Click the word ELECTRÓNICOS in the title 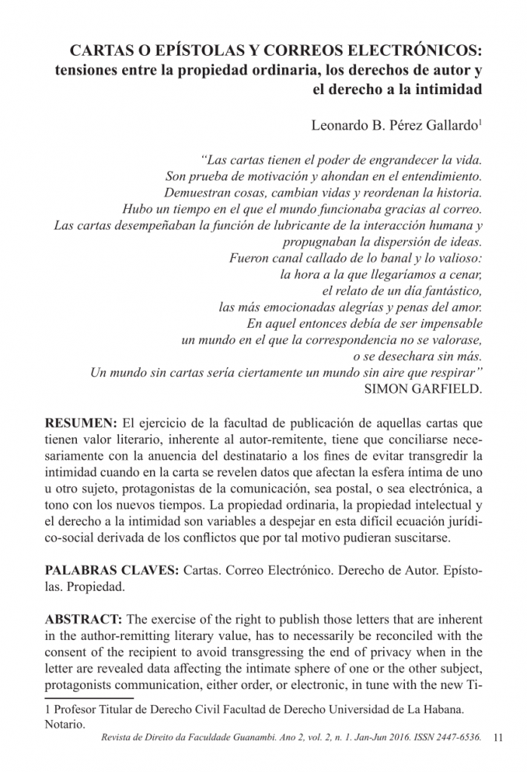click(413, 51)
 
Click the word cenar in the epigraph click(464, 274)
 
